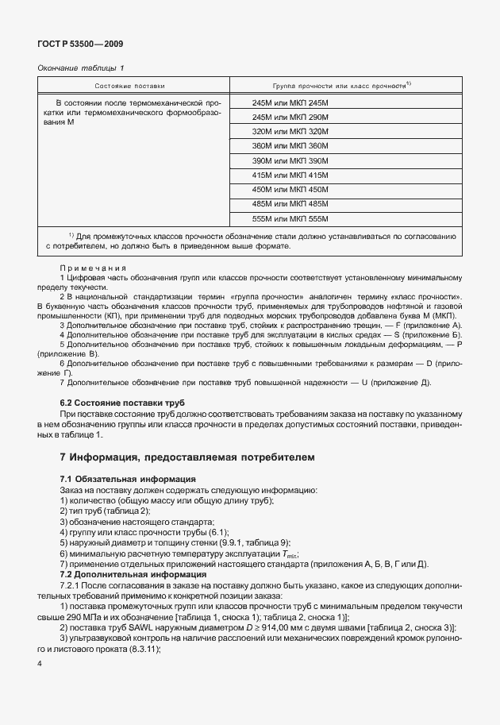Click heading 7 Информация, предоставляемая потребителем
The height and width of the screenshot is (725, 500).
(187, 457)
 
